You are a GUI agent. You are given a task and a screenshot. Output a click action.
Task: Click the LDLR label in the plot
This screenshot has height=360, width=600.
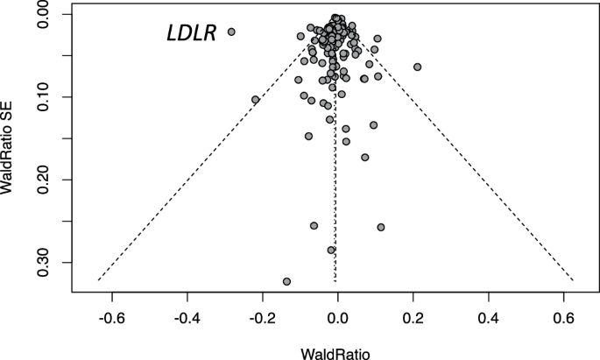(191, 34)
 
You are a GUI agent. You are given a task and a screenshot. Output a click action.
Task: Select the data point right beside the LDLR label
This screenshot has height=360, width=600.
(231, 32)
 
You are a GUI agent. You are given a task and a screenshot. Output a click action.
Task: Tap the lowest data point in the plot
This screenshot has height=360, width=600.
(286, 281)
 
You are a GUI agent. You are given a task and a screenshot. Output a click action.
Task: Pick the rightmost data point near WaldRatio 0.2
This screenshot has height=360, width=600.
(418, 67)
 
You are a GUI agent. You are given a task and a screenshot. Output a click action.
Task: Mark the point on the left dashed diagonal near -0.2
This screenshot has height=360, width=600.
(256, 100)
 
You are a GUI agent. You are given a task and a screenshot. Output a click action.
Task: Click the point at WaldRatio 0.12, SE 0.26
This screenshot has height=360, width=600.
(381, 227)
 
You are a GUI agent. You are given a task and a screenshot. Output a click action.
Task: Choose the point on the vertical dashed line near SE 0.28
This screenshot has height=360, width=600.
(331, 250)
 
